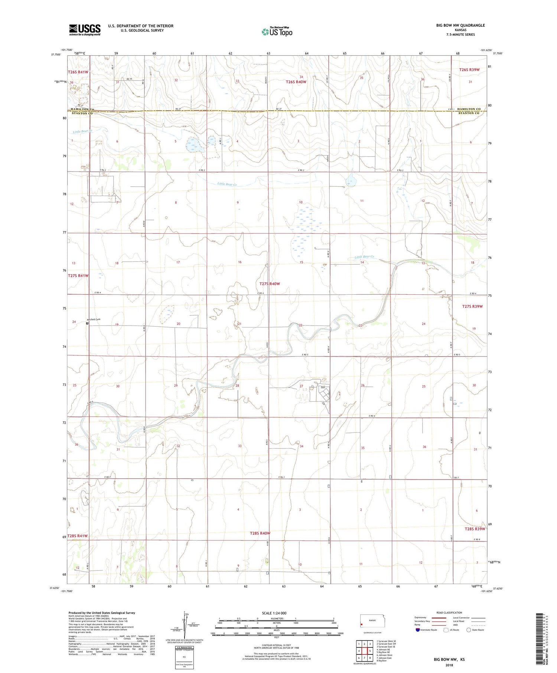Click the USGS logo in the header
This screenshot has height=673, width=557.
[x=85, y=30]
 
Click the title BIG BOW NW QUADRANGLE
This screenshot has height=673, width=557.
[x=460, y=25]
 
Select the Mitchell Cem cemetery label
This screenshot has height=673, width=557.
[x=94, y=320]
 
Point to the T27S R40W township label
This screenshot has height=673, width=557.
[x=270, y=284]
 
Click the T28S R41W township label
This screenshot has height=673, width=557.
[x=78, y=536]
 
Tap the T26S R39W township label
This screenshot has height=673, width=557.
[x=469, y=70]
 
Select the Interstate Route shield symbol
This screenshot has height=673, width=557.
[x=418, y=630]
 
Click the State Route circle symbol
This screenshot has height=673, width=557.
[x=469, y=630]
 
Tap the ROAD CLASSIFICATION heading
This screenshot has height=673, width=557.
[x=449, y=612]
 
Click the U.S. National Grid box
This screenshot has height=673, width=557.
[x=184, y=657]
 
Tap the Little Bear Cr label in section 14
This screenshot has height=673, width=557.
[x=364, y=257]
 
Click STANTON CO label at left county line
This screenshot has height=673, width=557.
[x=82, y=113]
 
